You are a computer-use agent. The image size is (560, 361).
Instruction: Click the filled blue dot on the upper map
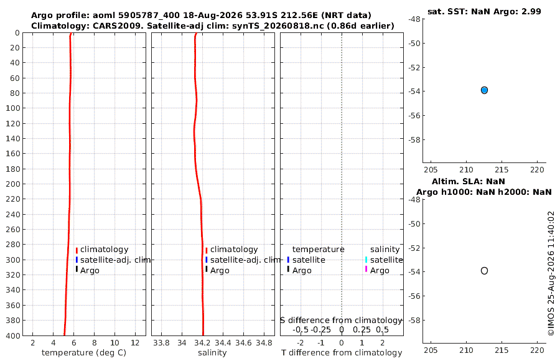pos(484,90)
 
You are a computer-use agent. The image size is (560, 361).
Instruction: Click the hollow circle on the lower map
pos(484,271)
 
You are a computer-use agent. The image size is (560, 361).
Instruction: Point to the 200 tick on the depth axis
pos(13,184)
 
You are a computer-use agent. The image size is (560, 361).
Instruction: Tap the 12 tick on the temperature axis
pos(135,343)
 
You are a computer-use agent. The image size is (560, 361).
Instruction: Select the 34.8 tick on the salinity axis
pos(264,343)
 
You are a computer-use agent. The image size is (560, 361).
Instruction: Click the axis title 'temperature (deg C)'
pos(84,353)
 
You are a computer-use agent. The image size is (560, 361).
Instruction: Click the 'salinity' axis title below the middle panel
pos(212,353)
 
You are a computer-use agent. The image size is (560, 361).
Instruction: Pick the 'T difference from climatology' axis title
pos(342,353)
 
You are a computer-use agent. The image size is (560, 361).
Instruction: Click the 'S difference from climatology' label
pos(341,321)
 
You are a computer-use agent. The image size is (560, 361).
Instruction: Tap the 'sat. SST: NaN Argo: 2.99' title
pos(484,11)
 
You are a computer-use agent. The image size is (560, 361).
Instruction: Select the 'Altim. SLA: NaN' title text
pos(468,181)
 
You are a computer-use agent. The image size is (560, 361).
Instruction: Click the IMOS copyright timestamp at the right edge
pos(551,273)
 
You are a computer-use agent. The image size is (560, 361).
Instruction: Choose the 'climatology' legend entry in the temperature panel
pos(104,250)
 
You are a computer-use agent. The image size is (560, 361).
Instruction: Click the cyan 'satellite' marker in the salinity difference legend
pos(366,260)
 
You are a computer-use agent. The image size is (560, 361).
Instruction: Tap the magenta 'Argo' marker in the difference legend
pos(366,269)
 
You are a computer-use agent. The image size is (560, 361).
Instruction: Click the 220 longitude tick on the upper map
pos(537,170)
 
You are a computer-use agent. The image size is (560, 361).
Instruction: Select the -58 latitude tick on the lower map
pos(414,320)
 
